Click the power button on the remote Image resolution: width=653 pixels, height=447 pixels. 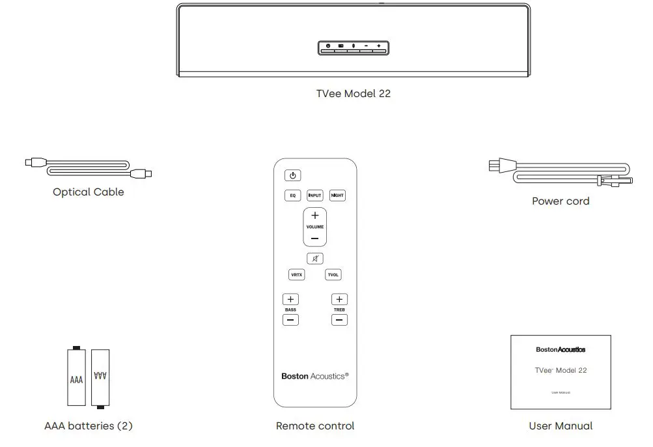tap(292, 175)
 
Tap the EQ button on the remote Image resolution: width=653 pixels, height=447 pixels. tap(292, 195)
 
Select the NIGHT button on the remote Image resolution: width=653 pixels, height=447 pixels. tap(337, 195)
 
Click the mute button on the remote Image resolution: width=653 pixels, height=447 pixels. tap(314, 258)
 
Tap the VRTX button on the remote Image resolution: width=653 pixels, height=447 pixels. tap(296, 275)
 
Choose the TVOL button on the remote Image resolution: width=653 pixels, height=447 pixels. tap(333, 275)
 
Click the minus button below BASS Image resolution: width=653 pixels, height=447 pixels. tap(290, 320)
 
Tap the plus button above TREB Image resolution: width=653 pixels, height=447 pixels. tap(339, 299)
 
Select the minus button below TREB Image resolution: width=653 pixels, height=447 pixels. tap(339, 320)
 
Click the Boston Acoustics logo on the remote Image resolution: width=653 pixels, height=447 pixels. tap(314, 376)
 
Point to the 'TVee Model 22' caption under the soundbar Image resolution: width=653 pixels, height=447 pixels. tap(354, 93)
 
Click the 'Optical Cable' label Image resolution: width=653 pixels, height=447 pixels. tap(89, 192)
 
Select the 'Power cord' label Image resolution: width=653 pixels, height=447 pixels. tap(561, 201)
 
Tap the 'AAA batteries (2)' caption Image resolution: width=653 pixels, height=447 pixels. tap(89, 426)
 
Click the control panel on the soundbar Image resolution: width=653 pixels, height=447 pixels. tap(354, 46)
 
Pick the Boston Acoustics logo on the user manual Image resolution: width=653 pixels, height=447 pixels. tap(561, 349)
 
